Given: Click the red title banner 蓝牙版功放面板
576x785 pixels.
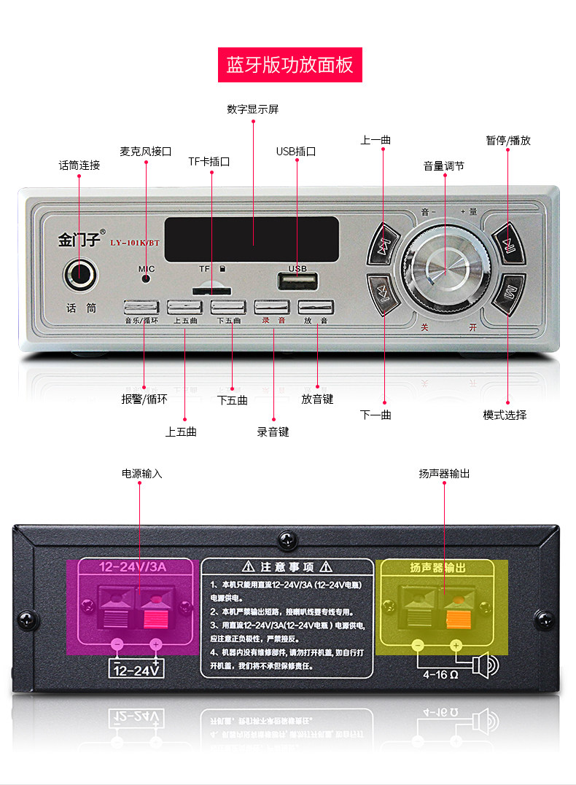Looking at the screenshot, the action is point(289,65).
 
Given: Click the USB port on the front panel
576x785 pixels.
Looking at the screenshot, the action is point(297,281).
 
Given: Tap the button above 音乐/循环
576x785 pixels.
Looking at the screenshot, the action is point(142,307).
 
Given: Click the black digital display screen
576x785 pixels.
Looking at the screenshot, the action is point(252,239).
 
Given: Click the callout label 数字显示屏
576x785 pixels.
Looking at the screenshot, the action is point(252,109).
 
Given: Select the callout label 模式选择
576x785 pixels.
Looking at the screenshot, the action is point(505,415).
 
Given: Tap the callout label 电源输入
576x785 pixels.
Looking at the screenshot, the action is point(142,474).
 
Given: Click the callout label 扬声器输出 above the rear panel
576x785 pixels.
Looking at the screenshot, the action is point(444,474).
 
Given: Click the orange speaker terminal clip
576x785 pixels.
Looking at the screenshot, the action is point(456,620).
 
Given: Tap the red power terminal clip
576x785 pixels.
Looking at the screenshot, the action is point(155,620).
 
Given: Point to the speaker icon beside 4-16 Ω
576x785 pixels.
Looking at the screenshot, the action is point(484,665).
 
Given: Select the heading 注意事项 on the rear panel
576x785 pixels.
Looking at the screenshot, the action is point(287,567).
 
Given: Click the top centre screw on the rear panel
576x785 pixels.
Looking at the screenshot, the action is point(286,541).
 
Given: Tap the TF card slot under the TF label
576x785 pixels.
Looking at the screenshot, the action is point(207,290).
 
